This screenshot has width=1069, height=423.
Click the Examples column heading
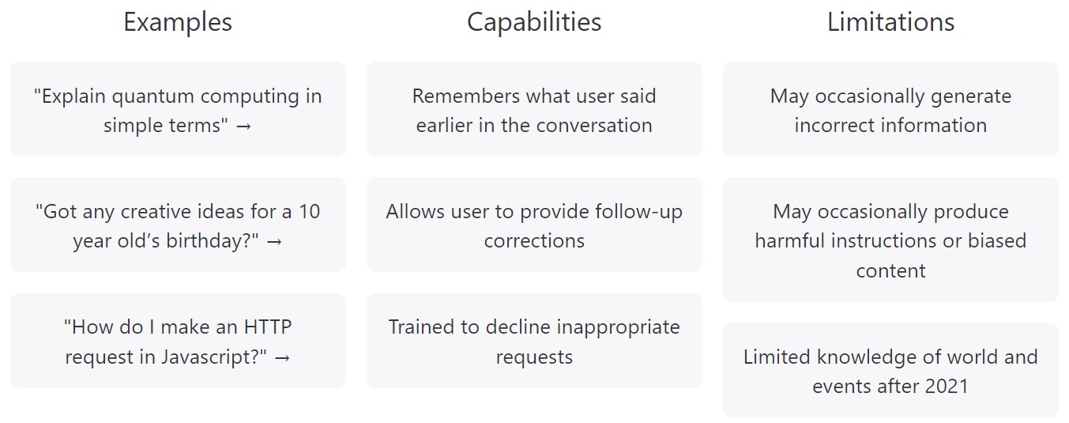point(178,23)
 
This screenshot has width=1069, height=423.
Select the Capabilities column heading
point(534,23)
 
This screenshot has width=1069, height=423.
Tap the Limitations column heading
point(890,22)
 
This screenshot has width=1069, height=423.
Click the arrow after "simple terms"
point(243,127)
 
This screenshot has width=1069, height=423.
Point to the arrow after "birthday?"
point(274,242)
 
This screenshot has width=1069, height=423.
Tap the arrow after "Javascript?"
point(283,358)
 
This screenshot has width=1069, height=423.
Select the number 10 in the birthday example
point(309,212)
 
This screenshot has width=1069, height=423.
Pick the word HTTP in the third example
point(268,327)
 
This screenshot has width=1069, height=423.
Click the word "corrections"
point(534,241)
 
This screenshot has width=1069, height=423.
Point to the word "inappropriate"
point(618,328)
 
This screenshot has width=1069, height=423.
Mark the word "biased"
point(997,240)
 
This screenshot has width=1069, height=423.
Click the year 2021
point(947,387)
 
